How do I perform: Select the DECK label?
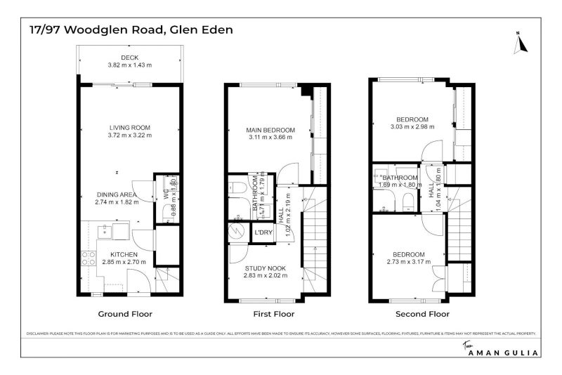(x=129, y=58)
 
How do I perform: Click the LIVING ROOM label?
(x=129, y=127)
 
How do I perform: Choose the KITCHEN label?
(x=124, y=254)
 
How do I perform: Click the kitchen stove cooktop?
(x=89, y=258)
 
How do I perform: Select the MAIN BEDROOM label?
(x=270, y=130)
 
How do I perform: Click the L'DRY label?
(x=263, y=232)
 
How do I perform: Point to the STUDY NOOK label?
(x=264, y=268)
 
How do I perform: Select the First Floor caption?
(x=270, y=314)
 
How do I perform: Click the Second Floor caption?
(x=422, y=314)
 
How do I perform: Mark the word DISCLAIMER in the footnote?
(x=41, y=334)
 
